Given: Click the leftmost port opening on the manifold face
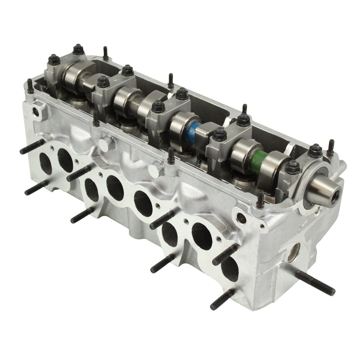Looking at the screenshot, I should pyautogui.click(x=46, y=163).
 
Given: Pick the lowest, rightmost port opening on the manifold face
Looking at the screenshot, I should pyautogui.click(x=230, y=268).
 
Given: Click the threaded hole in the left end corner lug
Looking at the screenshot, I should pyautogui.click(x=37, y=111).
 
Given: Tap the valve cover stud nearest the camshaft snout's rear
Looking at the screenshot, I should pyautogui.click(x=330, y=147).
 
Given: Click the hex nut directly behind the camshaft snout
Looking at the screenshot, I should pyautogui.click(x=315, y=150).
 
